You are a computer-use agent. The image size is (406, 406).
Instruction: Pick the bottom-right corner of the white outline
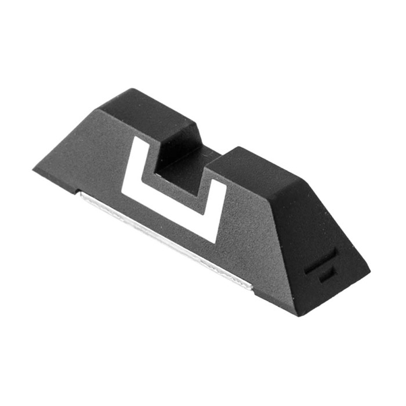pyautogui.click(x=215, y=241)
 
